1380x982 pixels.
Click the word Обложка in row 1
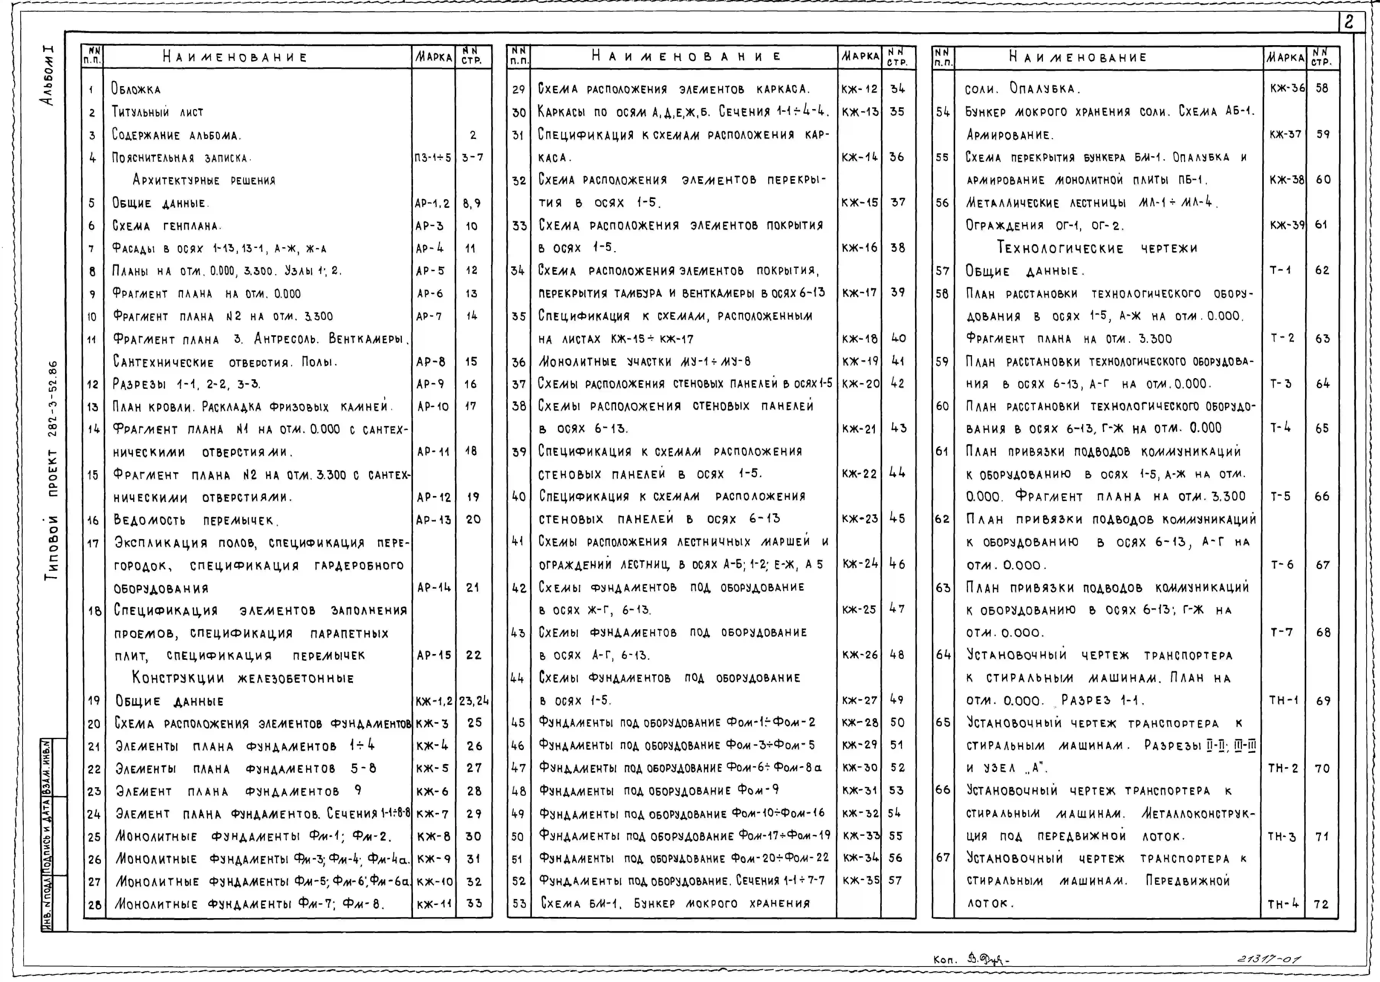pyautogui.click(x=136, y=90)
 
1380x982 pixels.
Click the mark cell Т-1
pyautogui.click(x=1280, y=270)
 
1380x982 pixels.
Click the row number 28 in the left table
pyautogui.click(x=94, y=905)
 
